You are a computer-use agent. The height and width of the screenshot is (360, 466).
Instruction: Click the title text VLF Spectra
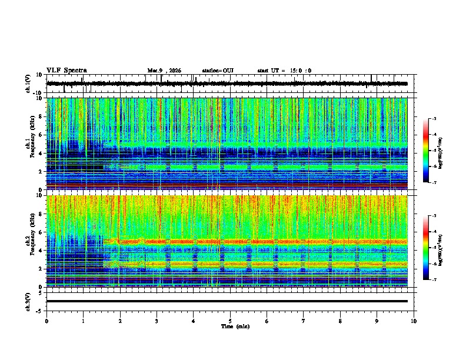click(66, 71)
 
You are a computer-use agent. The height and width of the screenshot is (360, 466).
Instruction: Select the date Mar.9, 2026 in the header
click(164, 71)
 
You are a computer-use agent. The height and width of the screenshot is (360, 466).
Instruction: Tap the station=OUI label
click(218, 71)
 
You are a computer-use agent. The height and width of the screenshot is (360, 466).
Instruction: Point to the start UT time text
click(284, 71)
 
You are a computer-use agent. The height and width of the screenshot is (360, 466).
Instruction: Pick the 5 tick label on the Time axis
click(231, 321)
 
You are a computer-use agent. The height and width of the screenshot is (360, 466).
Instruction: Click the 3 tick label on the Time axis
click(157, 321)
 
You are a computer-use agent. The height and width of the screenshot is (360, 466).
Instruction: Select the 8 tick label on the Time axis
click(341, 321)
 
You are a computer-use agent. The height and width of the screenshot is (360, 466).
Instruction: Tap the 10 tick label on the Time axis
click(414, 321)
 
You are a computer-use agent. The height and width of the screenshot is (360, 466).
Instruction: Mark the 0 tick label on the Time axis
click(46, 321)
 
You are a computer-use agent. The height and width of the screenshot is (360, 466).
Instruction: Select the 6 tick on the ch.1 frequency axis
click(41, 135)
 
